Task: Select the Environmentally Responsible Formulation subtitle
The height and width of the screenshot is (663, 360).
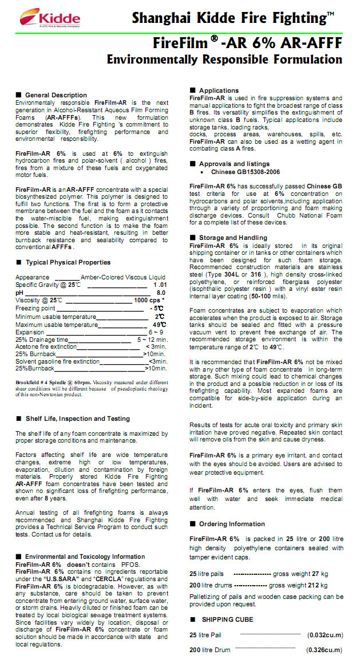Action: click(224, 60)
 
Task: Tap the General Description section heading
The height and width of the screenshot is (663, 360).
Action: click(56, 95)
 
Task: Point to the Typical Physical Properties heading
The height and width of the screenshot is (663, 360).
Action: click(68, 262)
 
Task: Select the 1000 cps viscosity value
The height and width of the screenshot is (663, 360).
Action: click(148, 300)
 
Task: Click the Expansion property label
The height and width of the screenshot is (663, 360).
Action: click(30, 332)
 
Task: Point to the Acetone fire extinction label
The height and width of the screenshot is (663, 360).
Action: click(46, 346)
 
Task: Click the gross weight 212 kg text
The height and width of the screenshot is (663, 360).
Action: click(298, 585)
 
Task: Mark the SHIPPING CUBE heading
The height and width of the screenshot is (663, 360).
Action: click(227, 619)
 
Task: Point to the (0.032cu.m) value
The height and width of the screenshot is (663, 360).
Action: click(325, 635)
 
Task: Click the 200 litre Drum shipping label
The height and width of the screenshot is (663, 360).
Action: click(211, 650)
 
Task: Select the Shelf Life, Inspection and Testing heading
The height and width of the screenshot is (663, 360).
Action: click(77, 419)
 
